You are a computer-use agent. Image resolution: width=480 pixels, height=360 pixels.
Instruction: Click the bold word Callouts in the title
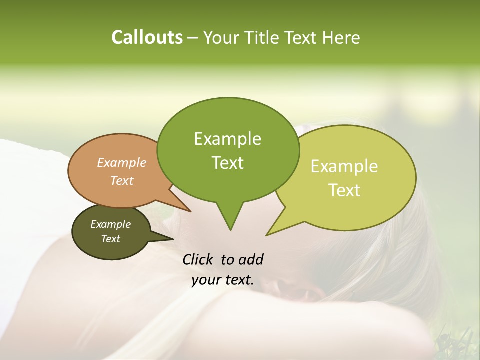click(x=147, y=37)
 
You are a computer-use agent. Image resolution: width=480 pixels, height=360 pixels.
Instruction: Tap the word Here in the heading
click(x=341, y=37)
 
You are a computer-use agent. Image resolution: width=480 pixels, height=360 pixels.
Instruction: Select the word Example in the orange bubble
click(x=122, y=162)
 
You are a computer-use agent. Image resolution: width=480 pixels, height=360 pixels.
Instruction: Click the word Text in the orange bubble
click(x=122, y=180)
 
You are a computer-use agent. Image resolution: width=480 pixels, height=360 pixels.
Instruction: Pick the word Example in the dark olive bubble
click(x=110, y=224)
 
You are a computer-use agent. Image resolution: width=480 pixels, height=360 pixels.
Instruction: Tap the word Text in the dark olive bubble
click(x=110, y=239)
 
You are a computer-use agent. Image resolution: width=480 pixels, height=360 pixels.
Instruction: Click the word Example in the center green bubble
click(x=227, y=139)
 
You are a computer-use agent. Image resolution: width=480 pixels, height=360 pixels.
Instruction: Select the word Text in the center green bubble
click(x=227, y=163)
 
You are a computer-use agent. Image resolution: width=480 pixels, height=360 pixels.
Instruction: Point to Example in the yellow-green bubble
click(x=344, y=166)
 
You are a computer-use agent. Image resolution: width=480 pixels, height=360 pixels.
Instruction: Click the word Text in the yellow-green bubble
click(x=344, y=190)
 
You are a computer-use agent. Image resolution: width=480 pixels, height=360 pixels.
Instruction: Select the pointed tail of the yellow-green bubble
click(x=270, y=232)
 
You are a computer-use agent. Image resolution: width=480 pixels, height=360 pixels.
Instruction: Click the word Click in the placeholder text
click(x=199, y=259)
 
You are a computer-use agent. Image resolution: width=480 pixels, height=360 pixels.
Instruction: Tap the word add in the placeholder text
click(x=251, y=259)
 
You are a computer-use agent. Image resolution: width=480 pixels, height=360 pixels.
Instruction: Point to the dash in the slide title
click(x=193, y=37)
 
